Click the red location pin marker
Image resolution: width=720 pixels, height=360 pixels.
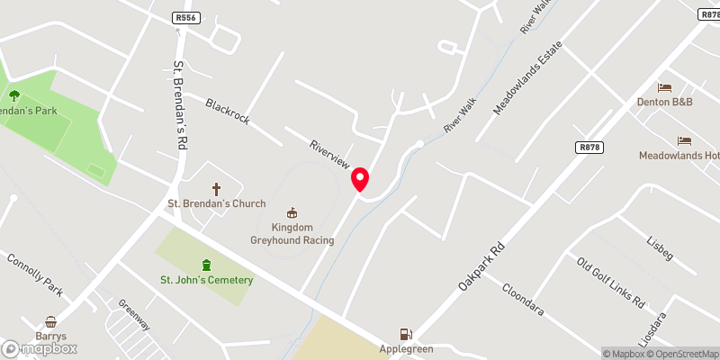click(361, 180)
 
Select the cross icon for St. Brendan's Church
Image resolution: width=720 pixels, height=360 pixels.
click(216, 189)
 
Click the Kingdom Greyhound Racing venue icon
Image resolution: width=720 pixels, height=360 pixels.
click(292, 213)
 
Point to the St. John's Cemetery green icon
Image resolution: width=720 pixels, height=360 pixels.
click(207, 265)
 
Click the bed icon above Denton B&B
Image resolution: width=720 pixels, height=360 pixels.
click(665, 87)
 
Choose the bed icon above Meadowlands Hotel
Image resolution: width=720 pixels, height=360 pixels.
click(684, 141)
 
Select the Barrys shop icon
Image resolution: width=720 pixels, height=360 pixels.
click(51, 321)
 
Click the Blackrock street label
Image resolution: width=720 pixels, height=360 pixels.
click(228, 112)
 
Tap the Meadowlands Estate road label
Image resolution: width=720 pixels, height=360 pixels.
click(527, 76)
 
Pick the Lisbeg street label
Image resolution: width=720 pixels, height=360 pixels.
click(659, 248)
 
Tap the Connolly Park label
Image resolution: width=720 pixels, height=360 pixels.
click(35, 275)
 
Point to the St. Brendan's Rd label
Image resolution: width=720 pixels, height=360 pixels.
click(180, 104)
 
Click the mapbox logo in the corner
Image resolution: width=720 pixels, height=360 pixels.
click(40, 348)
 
